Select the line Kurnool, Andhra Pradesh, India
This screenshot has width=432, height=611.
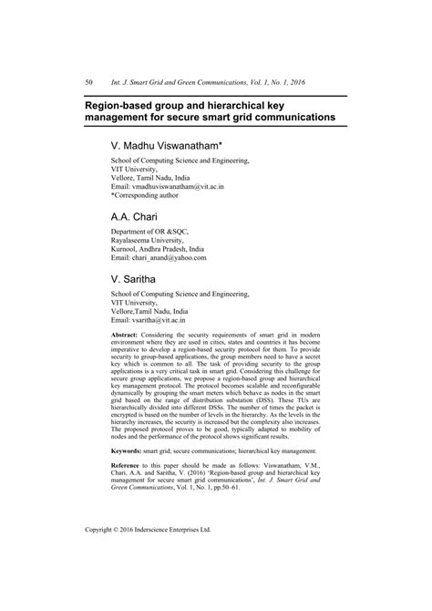(163, 248)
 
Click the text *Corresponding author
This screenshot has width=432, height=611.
(151, 195)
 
